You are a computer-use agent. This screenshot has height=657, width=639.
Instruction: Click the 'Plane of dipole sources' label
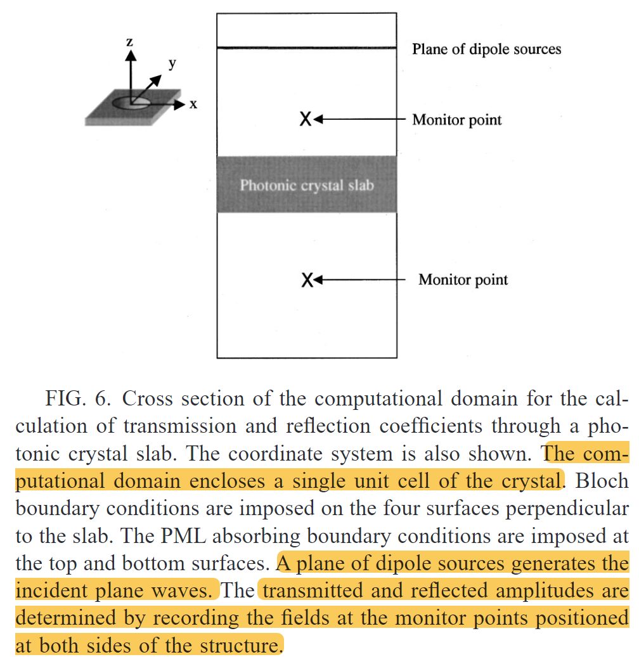pyautogui.click(x=486, y=49)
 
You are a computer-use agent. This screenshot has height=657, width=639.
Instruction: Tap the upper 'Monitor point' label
pyautogui.click(x=456, y=120)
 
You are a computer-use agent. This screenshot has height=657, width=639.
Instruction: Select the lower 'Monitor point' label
pyautogui.click(x=463, y=279)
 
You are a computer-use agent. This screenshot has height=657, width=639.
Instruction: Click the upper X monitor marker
pyautogui.click(x=306, y=118)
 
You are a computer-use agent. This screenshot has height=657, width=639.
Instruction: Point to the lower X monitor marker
pyautogui.click(x=307, y=279)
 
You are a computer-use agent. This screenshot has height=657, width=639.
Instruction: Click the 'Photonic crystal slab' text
pyautogui.click(x=306, y=186)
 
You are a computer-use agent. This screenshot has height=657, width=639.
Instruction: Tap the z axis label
pyautogui.click(x=129, y=43)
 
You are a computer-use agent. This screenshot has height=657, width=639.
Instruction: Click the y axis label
pyautogui.click(x=171, y=63)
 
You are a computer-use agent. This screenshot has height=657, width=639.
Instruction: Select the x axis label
pyautogui.click(x=193, y=105)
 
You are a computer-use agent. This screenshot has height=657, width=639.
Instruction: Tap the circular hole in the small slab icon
pyautogui.click(x=132, y=103)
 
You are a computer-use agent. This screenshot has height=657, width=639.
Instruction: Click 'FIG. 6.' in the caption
pyautogui.click(x=80, y=399)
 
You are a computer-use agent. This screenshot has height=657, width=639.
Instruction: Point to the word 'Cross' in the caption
pyautogui.click(x=148, y=399)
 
